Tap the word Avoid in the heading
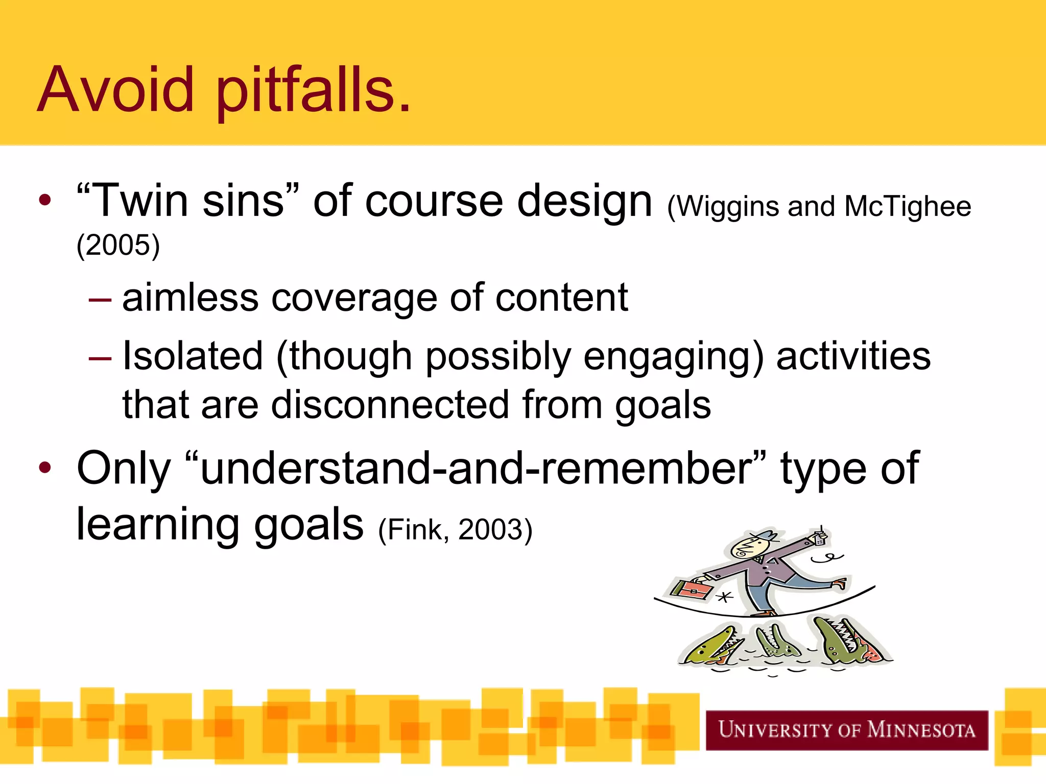pyautogui.click(x=115, y=91)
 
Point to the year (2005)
pyautogui.click(x=118, y=246)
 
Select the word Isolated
pyautogui.click(x=193, y=356)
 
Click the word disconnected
pyautogui.click(x=390, y=405)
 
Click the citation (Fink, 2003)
pyautogui.click(x=455, y=529)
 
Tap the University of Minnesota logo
pyautogui.click(x=846, y=730)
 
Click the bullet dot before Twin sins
pyautogui.click(x=45, y=200)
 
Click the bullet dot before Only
pyautogui.click(x=45, y=468)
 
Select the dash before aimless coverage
pyautogui.click(x=100, y=300)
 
